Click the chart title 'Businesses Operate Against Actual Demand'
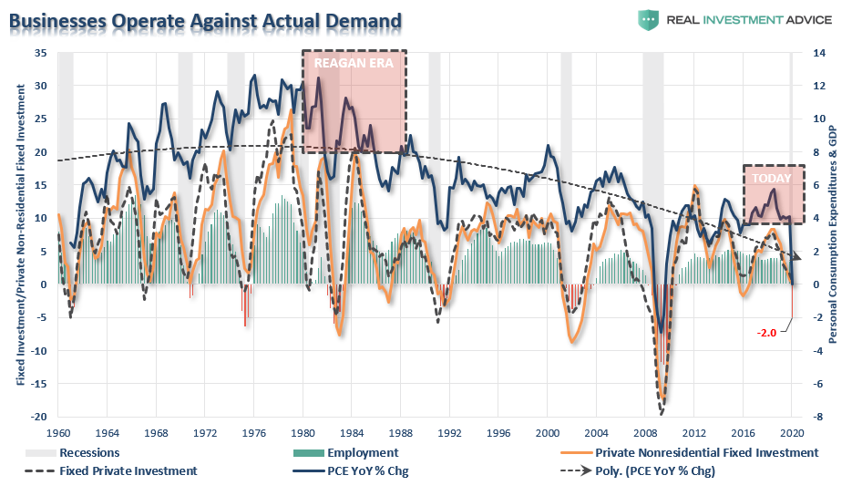(x=206, y=18)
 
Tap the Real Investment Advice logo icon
(x=649, y=20)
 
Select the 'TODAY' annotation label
(x=772, y=179)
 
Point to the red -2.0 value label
(x=767, y=332)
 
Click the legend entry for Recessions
(x=88, y=452)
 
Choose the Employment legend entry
(x=363, y=452)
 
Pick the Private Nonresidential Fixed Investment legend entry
(x=706, y=452)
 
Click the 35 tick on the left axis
(x=41, y=53)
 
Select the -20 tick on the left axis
(x=38, y=417)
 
